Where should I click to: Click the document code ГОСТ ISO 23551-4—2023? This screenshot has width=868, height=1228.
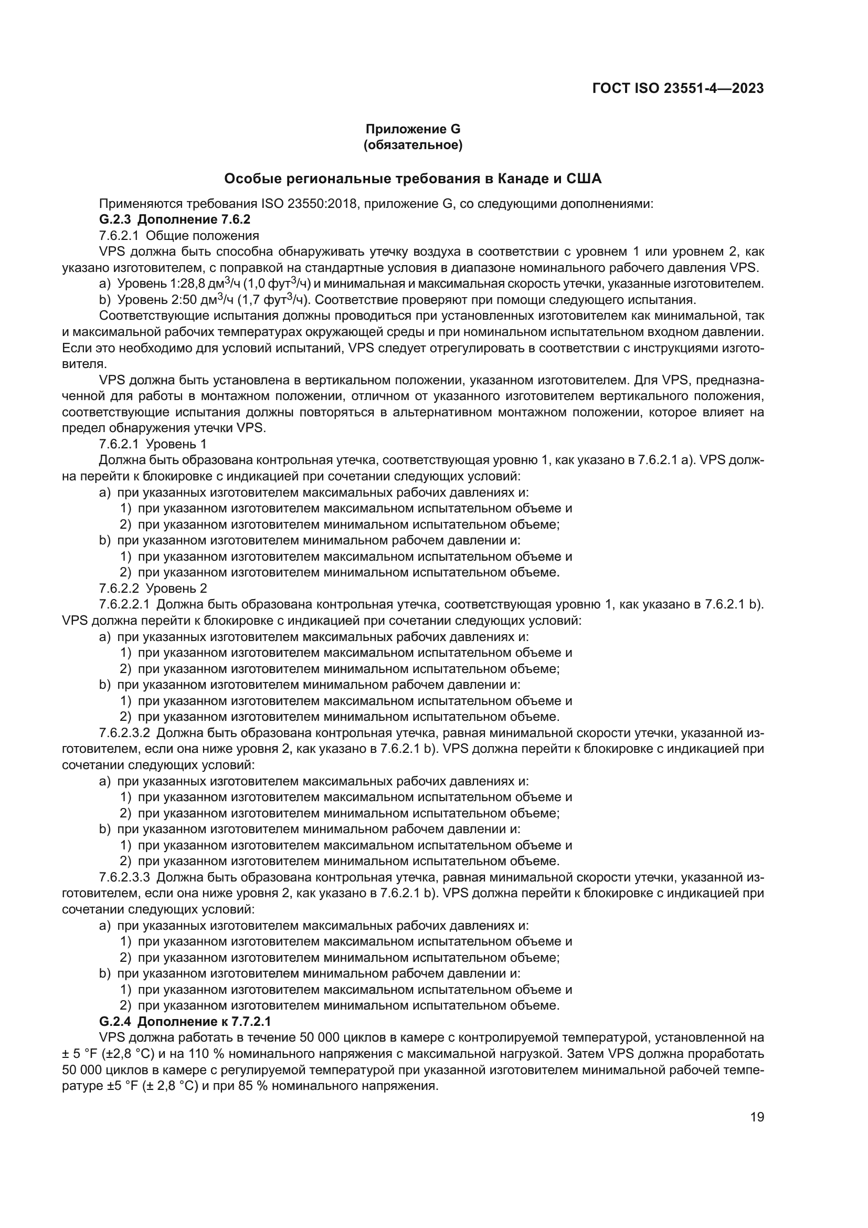[678, 88]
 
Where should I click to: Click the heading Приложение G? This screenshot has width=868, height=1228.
[412, 129]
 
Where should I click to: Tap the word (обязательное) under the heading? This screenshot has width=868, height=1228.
[412, 145]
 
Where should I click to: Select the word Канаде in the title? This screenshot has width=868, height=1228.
[522, 179]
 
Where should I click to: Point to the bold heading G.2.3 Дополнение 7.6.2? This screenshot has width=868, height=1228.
[174, 220]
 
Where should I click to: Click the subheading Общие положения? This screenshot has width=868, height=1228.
[202, 236]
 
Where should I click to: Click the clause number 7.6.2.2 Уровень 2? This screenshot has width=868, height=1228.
[153, 589]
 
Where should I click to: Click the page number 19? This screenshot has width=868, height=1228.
[757, 1117]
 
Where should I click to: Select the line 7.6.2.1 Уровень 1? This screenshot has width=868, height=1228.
[153, 444]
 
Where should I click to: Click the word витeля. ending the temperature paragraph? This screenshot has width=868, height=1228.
[84, 364]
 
